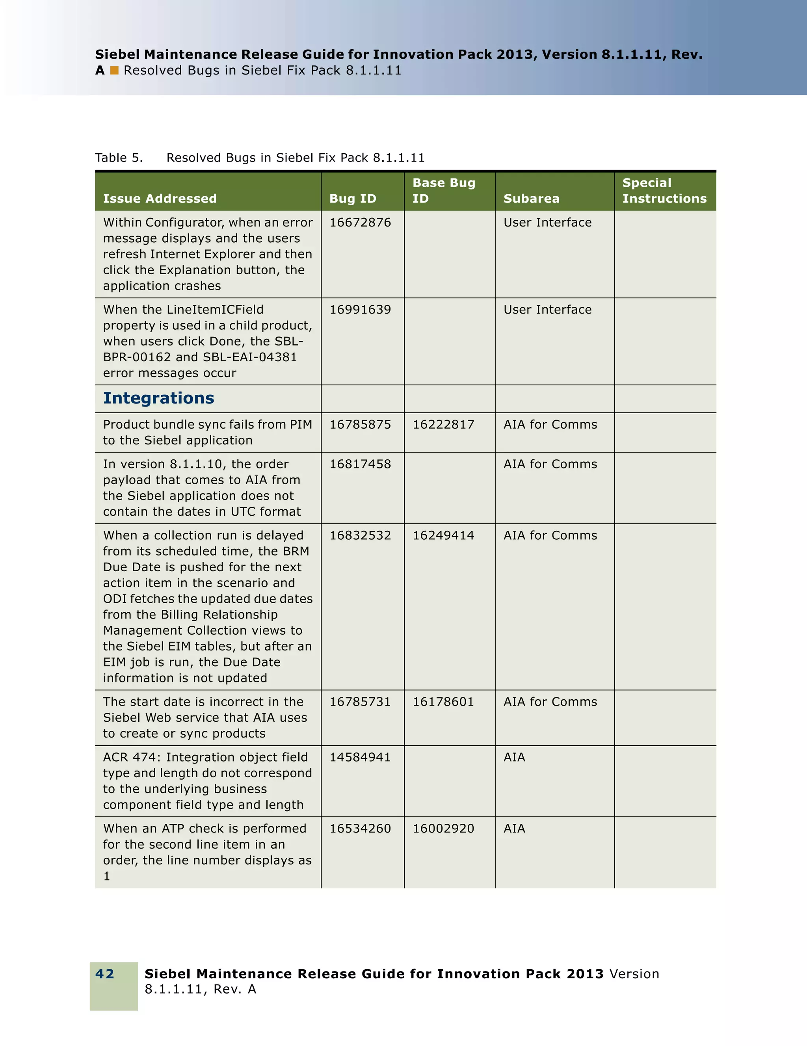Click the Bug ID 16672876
pos(360,223)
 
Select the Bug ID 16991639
pos(360,310)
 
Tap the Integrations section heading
pos(158,398)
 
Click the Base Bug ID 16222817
pos(443,425)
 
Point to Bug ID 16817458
pos(360,464)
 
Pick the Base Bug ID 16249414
pos(443,535)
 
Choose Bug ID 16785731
pos(360,702)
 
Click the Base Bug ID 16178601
pos(443,702)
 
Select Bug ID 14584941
pos(360,757)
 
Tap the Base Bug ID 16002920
pos(443,829)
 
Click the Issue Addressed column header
pos(160,199)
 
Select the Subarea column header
pos(531,199)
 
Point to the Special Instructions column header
pos(664,191)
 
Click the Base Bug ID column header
pos(443,191)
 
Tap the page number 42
pos(105,974)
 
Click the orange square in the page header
pos(114,71)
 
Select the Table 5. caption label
pos(119,158)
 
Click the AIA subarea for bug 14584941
pos(514,757)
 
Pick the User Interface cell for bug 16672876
pos(547,223)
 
